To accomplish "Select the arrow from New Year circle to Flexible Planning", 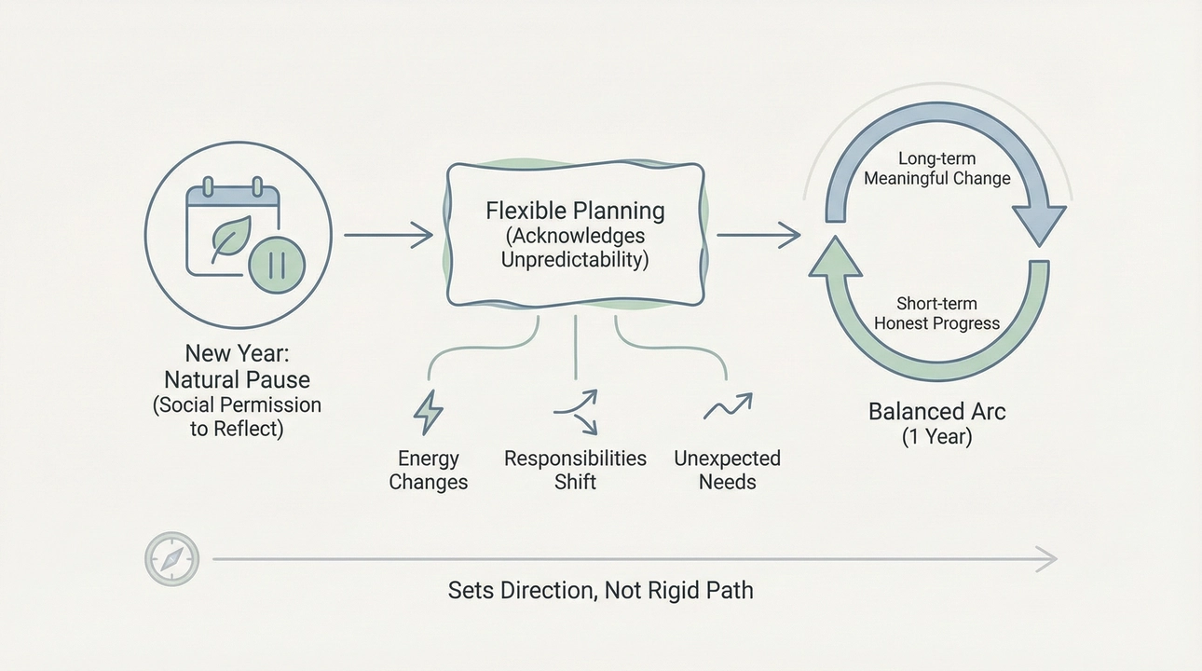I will [x=388, y=236].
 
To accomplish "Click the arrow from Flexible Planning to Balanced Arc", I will [x=758, y=236].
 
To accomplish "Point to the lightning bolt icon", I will [x=428, y=412].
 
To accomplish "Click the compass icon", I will [x=172, y=559].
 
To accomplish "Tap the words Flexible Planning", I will [x=575, y=211].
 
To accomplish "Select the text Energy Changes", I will [x=428, y=470].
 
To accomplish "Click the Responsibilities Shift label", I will [x=575, y=470].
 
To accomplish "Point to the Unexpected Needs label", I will [x=727, y=470].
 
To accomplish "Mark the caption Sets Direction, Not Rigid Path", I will [x=600, y=591].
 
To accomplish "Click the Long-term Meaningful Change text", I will [x=936, y=169].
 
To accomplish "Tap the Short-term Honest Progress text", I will [x=936, y=313].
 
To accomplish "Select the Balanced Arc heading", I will [x=936, y=411].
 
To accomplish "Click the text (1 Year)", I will [x=936, y=436].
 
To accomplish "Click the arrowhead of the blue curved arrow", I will [x=1039, y=226].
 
